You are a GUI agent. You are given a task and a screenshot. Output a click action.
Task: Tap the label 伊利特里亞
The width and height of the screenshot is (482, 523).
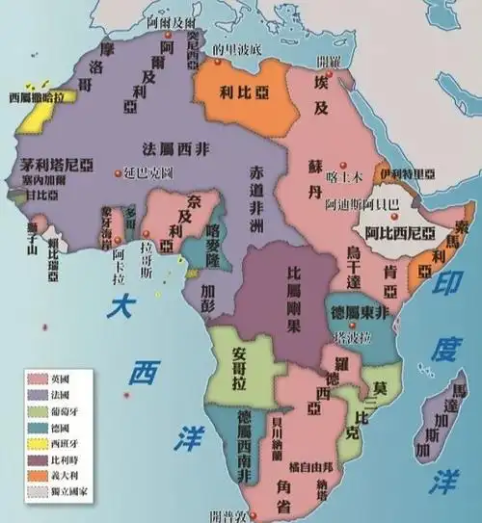[411, 174]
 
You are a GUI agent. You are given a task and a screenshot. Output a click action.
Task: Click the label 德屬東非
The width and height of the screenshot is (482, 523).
[358, 315]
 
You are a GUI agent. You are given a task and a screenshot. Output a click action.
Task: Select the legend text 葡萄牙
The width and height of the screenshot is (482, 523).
[72, 409]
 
